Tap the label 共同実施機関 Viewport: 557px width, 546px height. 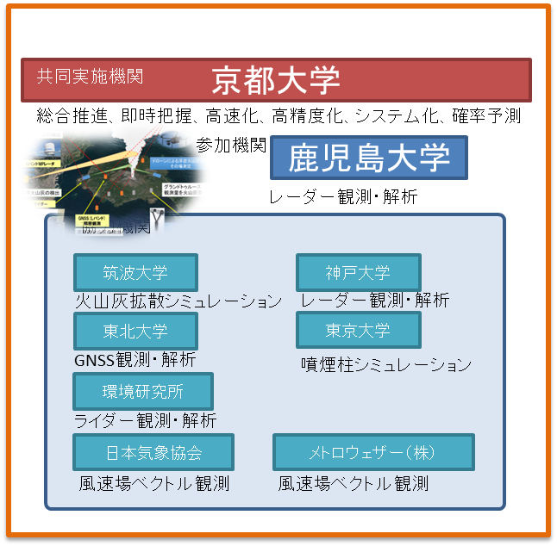pyautogui.click(x=90, y=76)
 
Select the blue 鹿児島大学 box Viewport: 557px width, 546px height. pyautogui.click(x=368, y=158)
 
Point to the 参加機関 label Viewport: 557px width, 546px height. pyautogui.click(x=231, y=146)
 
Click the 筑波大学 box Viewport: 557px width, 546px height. pyautogui.click(x=135, y=273)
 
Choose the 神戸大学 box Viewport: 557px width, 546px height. pyautogui.click(x=358, y=273)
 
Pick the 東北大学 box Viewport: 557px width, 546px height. pyautogui.click(x=135, y=331)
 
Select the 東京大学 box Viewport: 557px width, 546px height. pyautogui.click(x=358, y=330)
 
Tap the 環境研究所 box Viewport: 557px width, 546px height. pyautogui.click(x=143, y=392)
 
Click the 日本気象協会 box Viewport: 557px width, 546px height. pyautogui.click(x=153, y=452)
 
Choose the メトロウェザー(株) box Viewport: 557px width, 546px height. pyautogui.click(x=373, y=452)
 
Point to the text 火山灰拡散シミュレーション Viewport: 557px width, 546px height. pyautogui.click(x=178, y=301)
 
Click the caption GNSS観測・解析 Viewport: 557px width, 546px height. pyautogui.click(x=135, y=359)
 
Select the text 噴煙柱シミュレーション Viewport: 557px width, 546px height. pyautogui.click(x=386, y=364)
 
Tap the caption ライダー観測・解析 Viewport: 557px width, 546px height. pyautogui.click(x=145, y=421)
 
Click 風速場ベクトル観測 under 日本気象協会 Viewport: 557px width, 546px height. pyautogui.click(x=154, y=483)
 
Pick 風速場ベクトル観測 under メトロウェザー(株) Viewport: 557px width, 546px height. pyautogui.click(x=354, y=483)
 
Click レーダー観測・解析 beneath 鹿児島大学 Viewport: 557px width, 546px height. pyautogui.click(x=343, y=197)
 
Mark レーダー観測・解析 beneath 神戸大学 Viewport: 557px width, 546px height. pyautogui.click(x=375, y=300)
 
